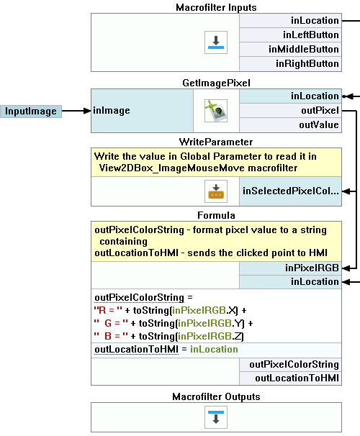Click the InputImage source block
31,112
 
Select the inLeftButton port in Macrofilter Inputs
290,35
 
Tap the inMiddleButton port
290,50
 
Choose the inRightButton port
290,64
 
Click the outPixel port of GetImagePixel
290,111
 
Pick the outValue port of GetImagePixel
290,125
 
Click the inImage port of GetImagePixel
142,111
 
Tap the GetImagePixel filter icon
216,111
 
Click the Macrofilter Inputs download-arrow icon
216,42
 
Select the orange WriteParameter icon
216,191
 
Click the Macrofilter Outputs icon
216,417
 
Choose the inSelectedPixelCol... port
290,191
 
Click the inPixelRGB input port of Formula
290,268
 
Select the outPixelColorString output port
290,365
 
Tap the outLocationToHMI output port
290,378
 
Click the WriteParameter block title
216,142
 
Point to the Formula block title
216,216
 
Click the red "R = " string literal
108,310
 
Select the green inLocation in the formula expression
214,350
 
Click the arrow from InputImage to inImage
76,111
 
